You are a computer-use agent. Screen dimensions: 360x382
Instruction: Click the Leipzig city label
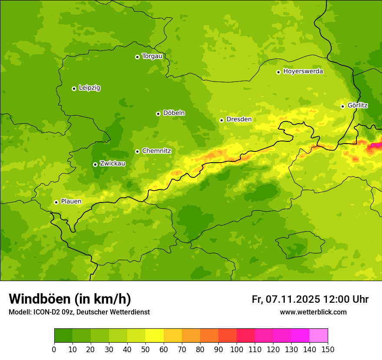click(x=89, y=88)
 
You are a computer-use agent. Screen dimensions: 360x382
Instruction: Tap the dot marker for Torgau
click(x=137, y=57)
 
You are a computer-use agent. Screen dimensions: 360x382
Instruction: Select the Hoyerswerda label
click(x=303, y=71)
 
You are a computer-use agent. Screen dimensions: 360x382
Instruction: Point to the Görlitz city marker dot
click(x=342, y=106)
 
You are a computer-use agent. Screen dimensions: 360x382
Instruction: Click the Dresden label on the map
click(x=239, y=119)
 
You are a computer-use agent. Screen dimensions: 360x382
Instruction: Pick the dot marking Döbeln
click(x=158, y=114)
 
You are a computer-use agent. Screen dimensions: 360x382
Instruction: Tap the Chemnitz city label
click(x=156, y=151)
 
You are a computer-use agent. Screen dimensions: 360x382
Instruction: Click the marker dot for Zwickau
click(x=95, y=164)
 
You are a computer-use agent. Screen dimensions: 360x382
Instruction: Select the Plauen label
click(x=71, y=201)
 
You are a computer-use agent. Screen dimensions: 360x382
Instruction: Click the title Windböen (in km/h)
click(x=70, y=299)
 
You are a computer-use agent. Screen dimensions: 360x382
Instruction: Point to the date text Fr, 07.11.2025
click(x=286, y=299)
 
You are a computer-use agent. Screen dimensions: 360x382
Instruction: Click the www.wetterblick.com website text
click(x=313, y=312)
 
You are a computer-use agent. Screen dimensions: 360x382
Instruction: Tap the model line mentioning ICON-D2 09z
click(x=79, y=312)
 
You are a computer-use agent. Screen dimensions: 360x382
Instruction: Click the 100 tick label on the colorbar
click(x=237, y=349)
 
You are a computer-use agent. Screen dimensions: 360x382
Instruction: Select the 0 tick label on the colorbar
click(x=54, y=349)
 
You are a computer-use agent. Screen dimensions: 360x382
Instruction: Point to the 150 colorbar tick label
click(x=328, y=349)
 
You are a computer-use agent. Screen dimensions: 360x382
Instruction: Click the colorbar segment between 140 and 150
click(x=319, y=336)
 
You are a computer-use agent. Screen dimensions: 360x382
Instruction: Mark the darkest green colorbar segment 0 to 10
click(x=63, y=336)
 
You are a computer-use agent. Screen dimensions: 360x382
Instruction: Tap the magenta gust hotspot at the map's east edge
click(x=374, y=147)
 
